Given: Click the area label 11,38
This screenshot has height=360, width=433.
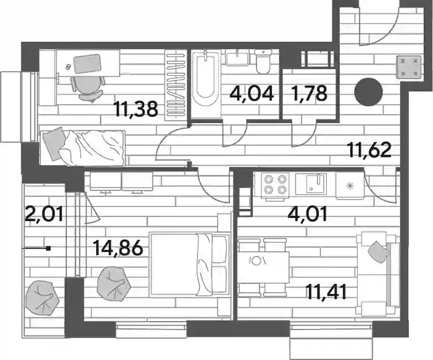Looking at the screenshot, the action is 137,109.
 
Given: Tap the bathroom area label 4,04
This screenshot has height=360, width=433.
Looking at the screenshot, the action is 251,93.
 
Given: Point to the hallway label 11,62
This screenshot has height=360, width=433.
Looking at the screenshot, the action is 370,150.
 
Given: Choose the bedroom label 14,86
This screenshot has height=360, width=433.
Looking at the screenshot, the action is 118,247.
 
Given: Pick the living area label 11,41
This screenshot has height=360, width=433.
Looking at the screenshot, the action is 327,293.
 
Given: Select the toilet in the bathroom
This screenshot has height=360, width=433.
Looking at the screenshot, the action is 263,62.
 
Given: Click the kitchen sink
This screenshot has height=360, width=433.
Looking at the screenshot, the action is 311,183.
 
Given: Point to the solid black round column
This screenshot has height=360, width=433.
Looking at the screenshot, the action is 369,92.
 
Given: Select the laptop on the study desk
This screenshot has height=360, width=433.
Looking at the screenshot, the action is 87,63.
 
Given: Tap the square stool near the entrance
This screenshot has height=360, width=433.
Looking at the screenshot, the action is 409,67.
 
